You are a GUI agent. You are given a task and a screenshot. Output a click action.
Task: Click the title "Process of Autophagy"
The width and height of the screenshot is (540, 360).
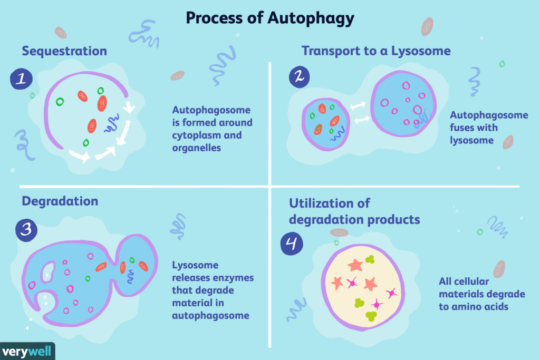(269, 18)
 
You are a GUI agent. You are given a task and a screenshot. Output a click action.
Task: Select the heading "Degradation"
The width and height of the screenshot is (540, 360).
(60, 201)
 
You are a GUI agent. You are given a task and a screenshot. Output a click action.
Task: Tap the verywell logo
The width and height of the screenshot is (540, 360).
(27, 351)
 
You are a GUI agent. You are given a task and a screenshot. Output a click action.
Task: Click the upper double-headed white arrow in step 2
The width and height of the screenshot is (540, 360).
(358, 106)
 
